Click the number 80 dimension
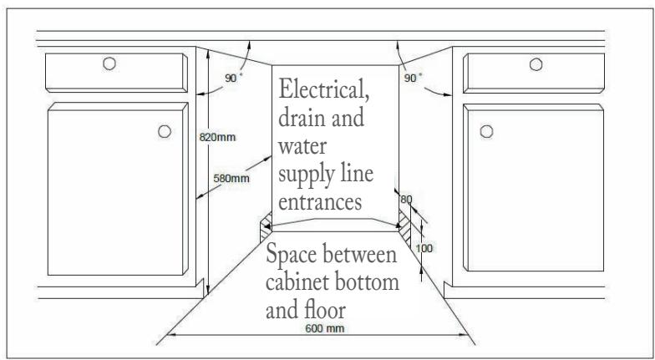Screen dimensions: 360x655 pos(407,200)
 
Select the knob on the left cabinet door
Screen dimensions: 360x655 pos(164,131)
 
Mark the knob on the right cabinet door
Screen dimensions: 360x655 pos(484,131)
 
